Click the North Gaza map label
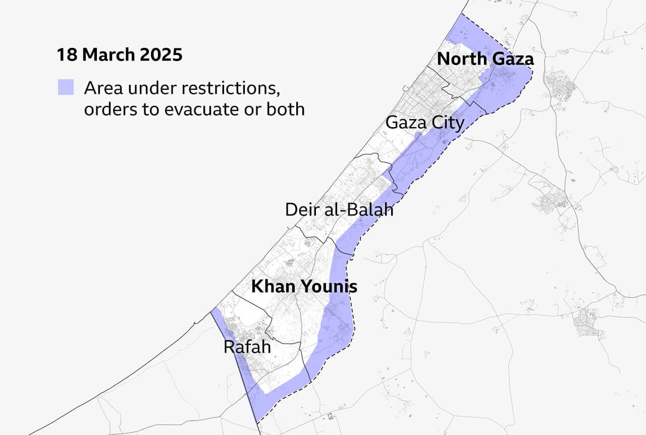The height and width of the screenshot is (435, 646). pos(485,59)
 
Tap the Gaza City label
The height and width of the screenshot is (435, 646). pos(424,123)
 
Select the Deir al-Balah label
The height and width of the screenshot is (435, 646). pos(339,209)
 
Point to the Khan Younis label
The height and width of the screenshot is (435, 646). pos(304,287)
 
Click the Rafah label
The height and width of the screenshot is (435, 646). pos(247,347)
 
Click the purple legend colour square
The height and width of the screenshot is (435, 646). pos(66,87)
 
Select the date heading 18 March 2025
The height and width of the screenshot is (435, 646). pos(119,55)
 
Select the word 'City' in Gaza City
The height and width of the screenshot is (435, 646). pos(448,123)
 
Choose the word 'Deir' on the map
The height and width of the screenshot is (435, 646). pos(301,209)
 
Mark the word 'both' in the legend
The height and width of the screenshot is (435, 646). pos(288,109)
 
